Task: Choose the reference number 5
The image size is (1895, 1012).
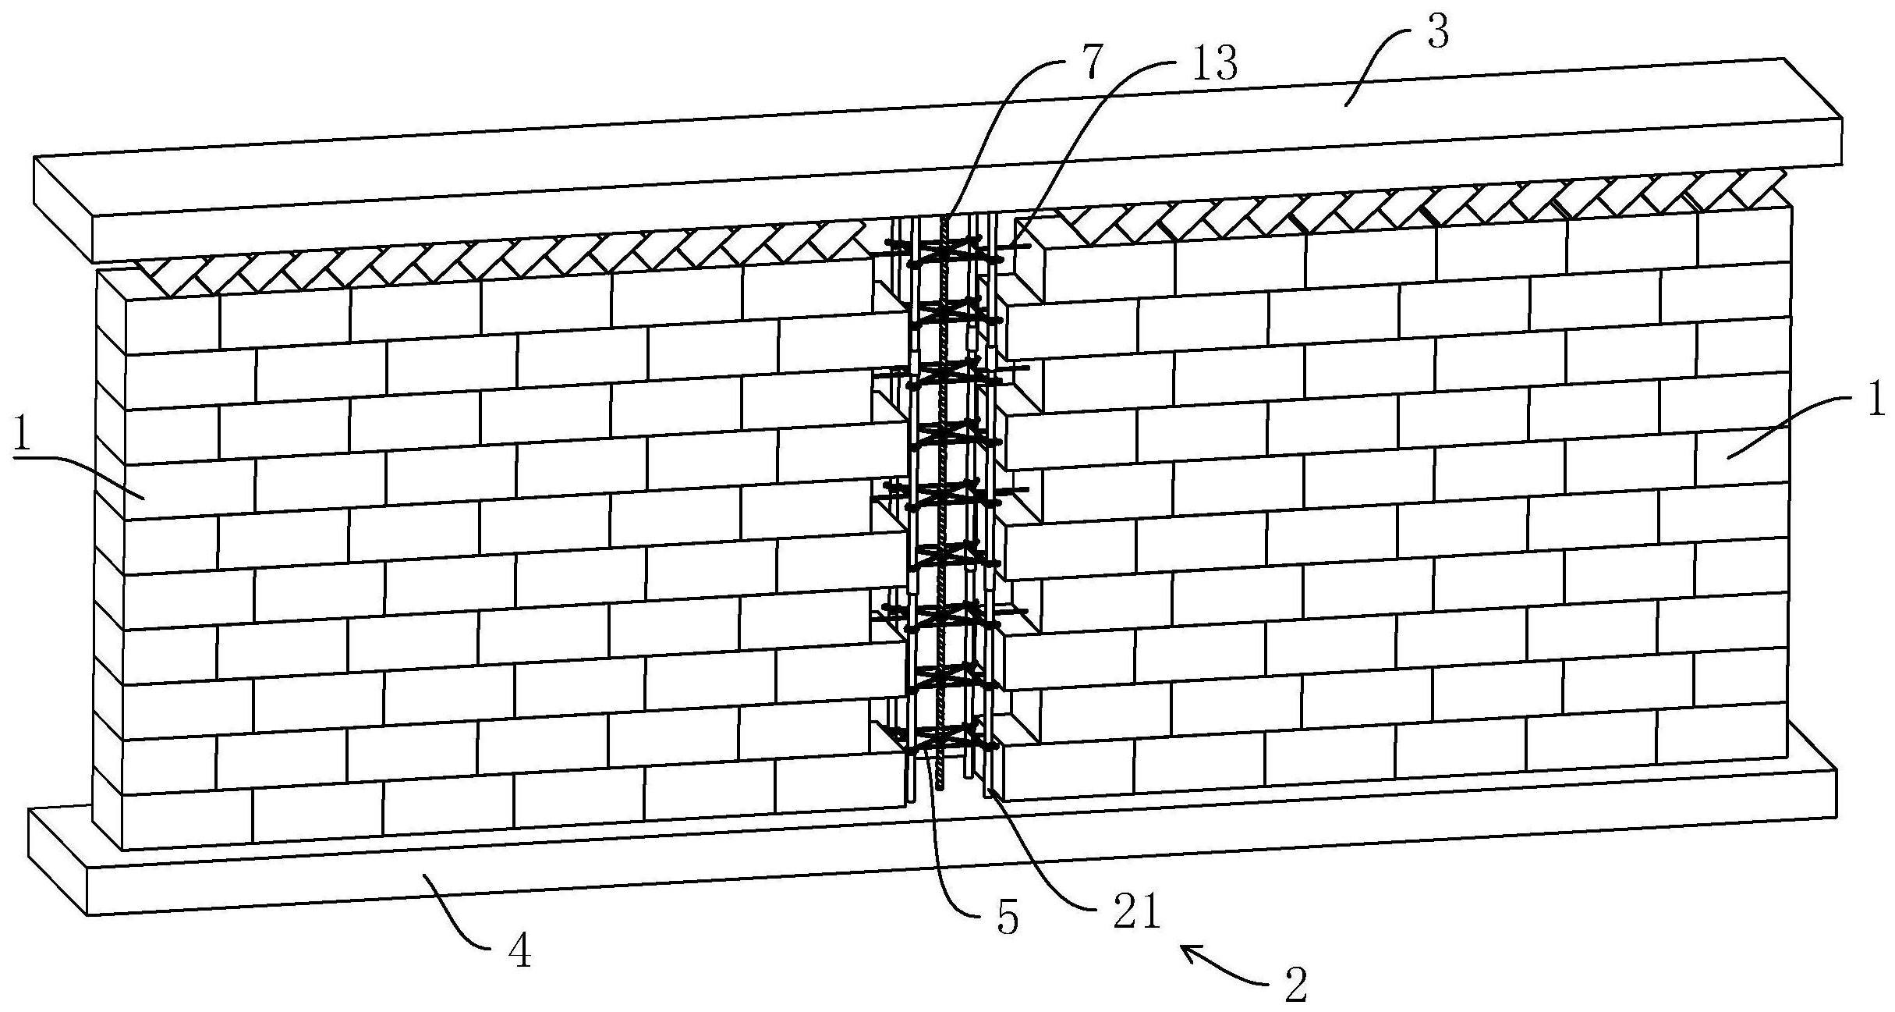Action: [x=1008, y=918]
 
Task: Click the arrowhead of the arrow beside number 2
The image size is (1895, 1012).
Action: [x=1185, y=949]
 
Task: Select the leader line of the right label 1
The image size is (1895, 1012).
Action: [x=1786, y=425]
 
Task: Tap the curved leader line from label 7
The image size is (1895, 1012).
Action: [x=990, y=117]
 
